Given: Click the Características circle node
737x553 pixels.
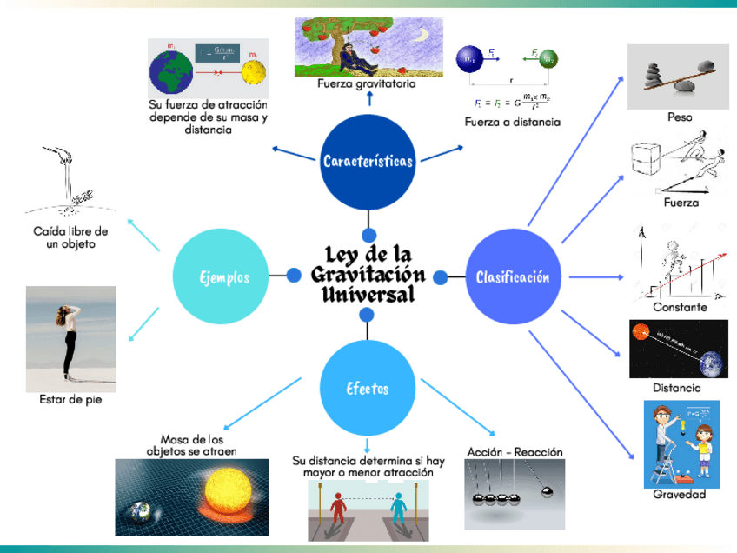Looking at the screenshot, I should point(368,161).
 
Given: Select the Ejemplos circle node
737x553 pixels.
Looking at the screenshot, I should point(222,277).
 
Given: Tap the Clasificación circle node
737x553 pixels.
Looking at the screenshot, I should point(513,277).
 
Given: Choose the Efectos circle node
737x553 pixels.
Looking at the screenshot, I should point(368,389).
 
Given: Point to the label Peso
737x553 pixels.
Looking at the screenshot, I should point(680,117).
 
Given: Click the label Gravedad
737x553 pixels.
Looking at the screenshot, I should point(680,496).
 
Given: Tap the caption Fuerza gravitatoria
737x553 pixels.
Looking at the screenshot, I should point(367,84).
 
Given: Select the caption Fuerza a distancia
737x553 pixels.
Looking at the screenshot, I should point(512,122).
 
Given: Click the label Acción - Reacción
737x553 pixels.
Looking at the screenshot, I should point(515,452).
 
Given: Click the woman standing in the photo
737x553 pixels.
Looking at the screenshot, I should point(68,339).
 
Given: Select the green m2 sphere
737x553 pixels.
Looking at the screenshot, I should point(548,59).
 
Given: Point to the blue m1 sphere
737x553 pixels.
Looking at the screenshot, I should point(470,59).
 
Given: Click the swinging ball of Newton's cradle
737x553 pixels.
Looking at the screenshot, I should point(548,493).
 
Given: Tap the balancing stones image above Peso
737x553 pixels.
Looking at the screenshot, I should point(679,77).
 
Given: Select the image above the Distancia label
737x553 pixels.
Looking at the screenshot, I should point(679,350).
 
